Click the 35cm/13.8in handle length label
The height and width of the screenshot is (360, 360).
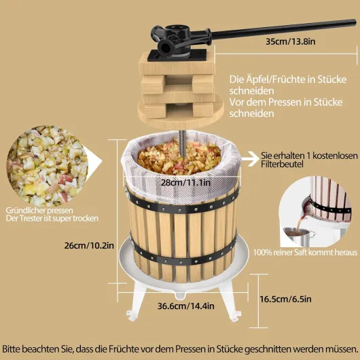pyautogui.click(x=291, y=41)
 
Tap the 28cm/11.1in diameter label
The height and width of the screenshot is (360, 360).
pyautogui.click(x=185, y=183)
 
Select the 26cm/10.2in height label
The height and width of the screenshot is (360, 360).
pyautogui.click(x=89, y=246)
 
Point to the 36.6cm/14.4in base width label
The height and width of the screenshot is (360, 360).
pyautogui.click(x=186, y=306)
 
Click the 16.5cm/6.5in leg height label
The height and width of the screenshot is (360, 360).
pyautogui.click(x=285, y=299)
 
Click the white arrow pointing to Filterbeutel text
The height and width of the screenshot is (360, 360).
pyautogui.click(x=250, y=159)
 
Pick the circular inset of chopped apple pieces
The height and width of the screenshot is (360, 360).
pyautogui.click(x=48, y=166)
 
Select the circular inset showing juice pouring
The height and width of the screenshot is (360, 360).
pyautogui.click(x=315, y=211)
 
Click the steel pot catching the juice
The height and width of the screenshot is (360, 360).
pyautogui.click(x=298, y=236)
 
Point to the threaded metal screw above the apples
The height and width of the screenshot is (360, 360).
pyautogui.click(x=183, y=143)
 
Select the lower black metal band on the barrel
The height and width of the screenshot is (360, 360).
pyautogui.click(x=183, y=255)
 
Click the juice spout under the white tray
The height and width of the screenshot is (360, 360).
pyautogui.click(x=181, y=295)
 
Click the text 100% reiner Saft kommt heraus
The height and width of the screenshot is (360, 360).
pyautogui.click(x=305, y=253)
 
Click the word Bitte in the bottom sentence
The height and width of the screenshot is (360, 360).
pyautogui.click(x=11, y=349)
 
